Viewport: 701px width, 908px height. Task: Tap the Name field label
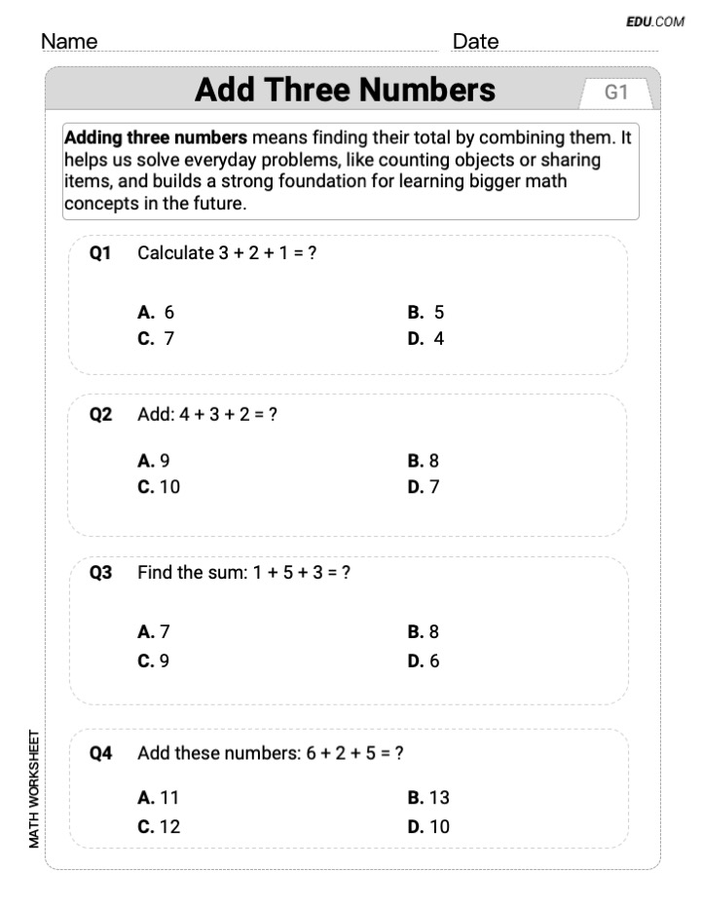[x=69, y=42]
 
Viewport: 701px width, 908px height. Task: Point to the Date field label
[x=475, y=42]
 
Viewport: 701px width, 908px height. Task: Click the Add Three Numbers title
[x=345, y=90]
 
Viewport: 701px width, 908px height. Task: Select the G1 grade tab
[x=617, y=93]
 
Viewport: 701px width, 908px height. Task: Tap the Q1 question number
[x=100, y=253]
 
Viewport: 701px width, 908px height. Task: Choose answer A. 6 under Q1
[x=157, y=313]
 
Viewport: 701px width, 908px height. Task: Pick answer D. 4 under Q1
[x=425, y=339]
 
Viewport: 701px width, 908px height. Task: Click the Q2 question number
[x=100, y=414]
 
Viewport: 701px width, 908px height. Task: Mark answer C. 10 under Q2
[x=159, y=487]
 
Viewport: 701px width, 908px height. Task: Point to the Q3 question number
[x=100, y=573]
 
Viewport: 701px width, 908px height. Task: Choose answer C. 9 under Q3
[x=154, y=661]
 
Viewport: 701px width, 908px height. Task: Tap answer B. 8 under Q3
[x=424, y=632]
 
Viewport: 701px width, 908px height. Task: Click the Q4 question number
[x=100, y=752]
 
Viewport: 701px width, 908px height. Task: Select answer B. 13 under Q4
[x=428, y=798]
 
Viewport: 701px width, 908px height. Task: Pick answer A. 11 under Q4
[x=159, y=798]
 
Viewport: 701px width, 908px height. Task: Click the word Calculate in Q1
[x=175, y=253]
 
